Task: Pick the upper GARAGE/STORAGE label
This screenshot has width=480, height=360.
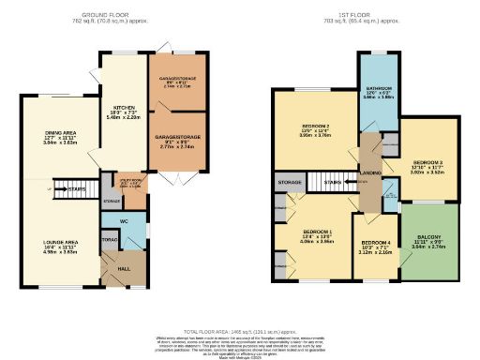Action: click(173, 78)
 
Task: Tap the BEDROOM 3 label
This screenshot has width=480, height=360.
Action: click(427, 161)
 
